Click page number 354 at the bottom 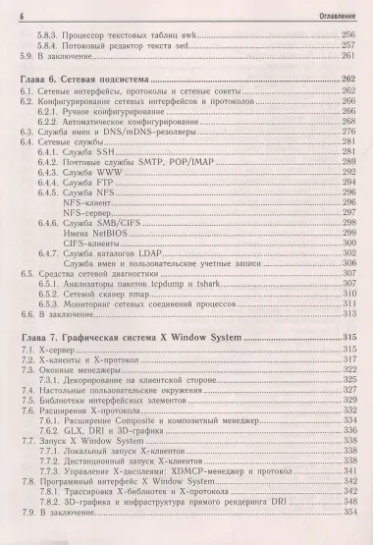[x=346, y=516]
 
